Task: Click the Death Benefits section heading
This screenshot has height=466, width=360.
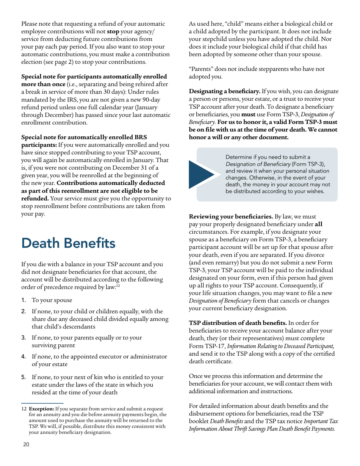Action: pyautogui.click(x=68, y=243)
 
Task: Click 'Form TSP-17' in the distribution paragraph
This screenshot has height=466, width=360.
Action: pyautogui.click(x=205, y=346)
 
